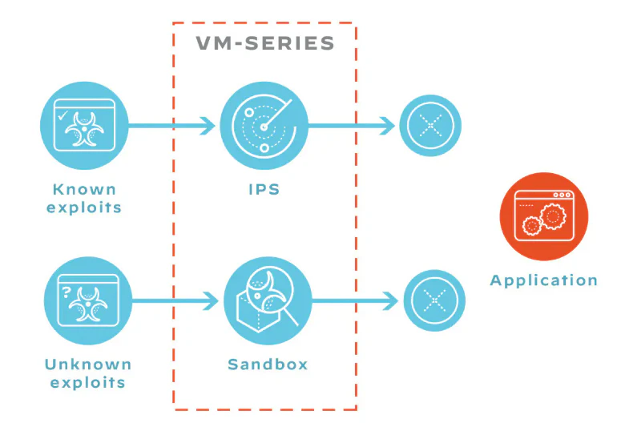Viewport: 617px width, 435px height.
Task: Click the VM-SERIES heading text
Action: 265,43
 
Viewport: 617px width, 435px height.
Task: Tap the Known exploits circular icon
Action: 85,126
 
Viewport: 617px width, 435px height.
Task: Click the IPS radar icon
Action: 264,126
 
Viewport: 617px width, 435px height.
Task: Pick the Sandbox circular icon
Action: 267,301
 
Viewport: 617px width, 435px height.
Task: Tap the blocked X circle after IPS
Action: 430,126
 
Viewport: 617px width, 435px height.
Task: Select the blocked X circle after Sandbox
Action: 433,301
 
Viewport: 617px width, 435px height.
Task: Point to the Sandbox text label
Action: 268,365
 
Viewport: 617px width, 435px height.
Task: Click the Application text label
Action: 543,280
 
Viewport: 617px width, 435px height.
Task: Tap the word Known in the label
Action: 84,190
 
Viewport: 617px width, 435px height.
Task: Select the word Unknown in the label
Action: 87,365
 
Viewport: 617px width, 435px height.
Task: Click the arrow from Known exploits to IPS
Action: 171,126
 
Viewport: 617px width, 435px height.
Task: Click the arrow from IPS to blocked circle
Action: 352,126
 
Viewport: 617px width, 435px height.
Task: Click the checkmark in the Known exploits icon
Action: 63,115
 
